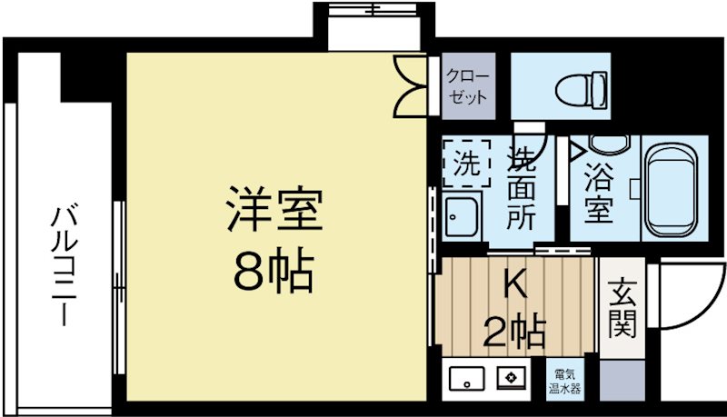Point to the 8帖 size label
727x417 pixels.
point(273,268)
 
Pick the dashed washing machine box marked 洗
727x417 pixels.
point(465,163)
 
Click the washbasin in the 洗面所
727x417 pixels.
point(464,218)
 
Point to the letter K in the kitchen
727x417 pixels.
point(514,287)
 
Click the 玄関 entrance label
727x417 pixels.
point(622,309)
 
